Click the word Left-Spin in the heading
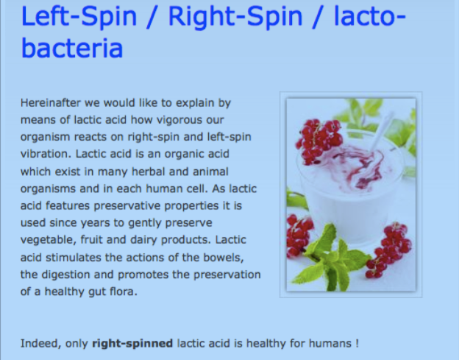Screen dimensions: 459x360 79,16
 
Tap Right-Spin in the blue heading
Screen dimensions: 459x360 235,18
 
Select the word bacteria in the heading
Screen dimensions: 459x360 72,48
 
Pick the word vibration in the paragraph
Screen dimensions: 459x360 46,154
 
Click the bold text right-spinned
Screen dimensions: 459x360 132,344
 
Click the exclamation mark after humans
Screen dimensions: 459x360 357,343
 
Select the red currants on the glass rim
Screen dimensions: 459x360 319,141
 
